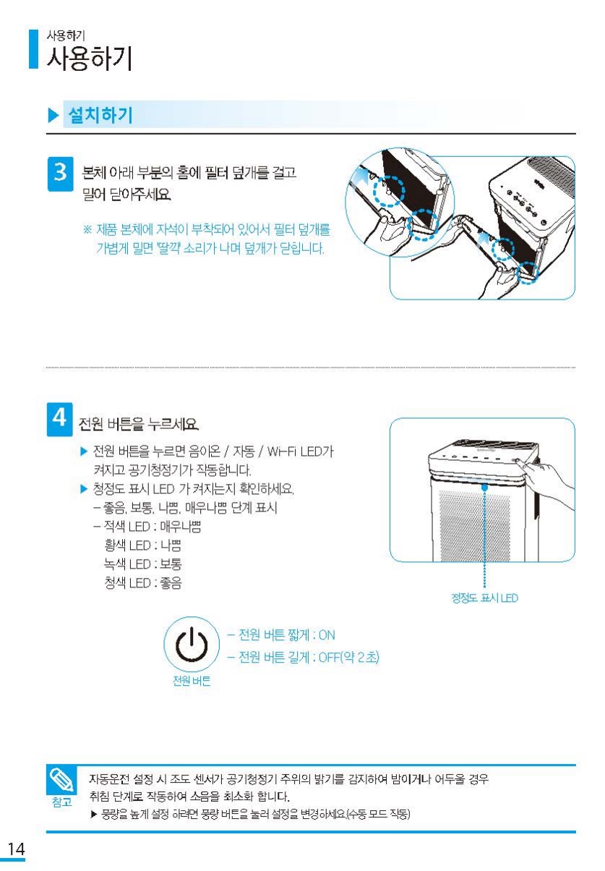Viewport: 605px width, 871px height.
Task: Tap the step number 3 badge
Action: coord(60,174)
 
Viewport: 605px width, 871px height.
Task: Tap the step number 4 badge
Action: coord(59,420)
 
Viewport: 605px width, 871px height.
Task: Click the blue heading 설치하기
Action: coord(100,115)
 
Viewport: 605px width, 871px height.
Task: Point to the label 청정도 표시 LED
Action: coord(484,598)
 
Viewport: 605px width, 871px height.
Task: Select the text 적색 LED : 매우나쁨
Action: coord(153,527)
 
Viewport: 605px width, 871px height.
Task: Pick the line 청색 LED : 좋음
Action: coord(143,583)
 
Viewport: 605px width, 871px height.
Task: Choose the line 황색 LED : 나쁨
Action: coord(143,545)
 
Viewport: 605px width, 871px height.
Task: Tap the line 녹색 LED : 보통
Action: coord(143,564)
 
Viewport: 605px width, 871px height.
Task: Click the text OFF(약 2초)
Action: coord(348,658)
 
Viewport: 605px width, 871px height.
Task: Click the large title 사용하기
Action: coord(90,59)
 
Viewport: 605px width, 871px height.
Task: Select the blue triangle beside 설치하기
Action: coord(53,116)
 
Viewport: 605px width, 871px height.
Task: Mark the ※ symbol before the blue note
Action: coord(87,230)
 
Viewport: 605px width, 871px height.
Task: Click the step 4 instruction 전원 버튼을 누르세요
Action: coord(139,423)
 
